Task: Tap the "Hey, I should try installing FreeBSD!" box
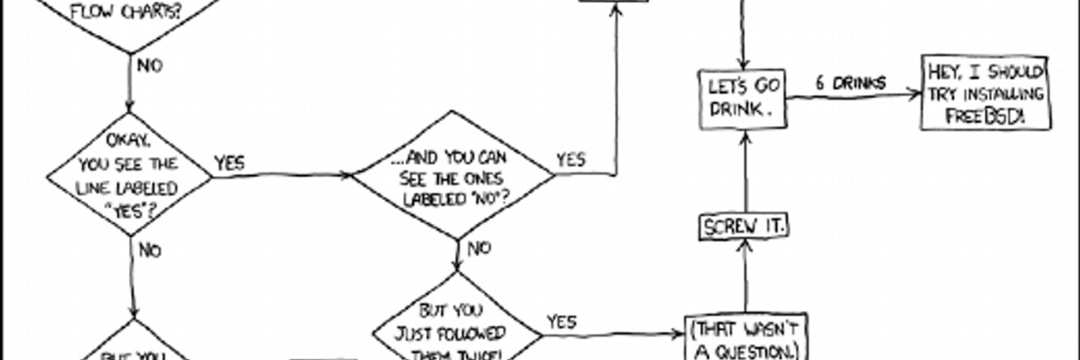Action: pos(985,94)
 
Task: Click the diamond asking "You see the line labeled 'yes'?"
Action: pos(130,174)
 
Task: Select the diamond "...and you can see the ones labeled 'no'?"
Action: pos(453,175)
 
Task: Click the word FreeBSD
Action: pos(985,116)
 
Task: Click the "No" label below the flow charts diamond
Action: pos(148,66)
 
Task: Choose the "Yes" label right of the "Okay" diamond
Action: pos(229,163)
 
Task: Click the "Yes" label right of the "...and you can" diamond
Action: pos(570,159)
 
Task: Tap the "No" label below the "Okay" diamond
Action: pos(149,250)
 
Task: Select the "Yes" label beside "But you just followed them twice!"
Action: pos(562,321)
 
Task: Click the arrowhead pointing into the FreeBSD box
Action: pos(916,93)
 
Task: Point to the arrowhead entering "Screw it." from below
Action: pos(745,246)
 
